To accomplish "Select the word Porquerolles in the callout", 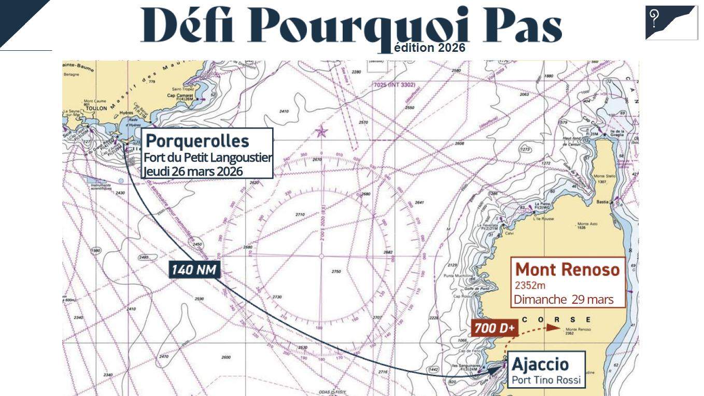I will (x=198, y=141).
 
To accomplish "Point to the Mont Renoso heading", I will (x=568, y=270).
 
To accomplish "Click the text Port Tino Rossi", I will (x=546, y=380).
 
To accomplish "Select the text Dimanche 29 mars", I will (x=564, y=300).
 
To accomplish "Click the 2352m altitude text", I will (x=530, y=285).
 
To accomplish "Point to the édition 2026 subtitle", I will (x=429, y=48).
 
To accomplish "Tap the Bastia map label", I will (x=602, y=201).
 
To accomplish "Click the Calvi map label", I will (x=509, y=233).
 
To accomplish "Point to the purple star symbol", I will (x=322, y=131).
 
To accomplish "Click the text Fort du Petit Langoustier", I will (x=207, y=158).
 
